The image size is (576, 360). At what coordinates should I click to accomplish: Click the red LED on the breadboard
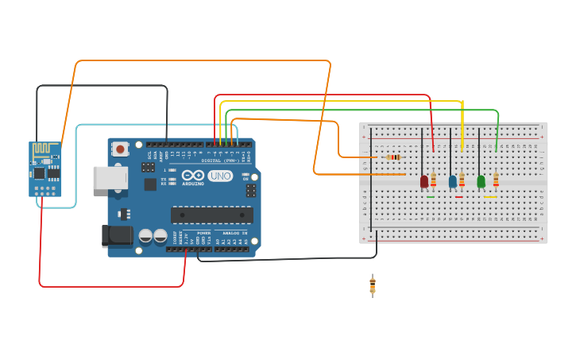[x=424, y=181]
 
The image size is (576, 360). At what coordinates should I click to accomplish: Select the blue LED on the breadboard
[x=453, y=181]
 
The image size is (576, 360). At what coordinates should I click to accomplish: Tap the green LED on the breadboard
[x=481, y=181]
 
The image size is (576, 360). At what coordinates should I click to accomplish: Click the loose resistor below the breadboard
[x=373, y=285]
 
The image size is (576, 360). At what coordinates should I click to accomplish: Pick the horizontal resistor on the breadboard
[x=392, y=157]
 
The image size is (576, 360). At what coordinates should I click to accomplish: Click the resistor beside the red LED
[x=433, y=180]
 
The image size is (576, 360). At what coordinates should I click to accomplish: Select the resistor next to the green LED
[x=496, y=180]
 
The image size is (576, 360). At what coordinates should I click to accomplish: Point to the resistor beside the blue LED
[x=462, y=180]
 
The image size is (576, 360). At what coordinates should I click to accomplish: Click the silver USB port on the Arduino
[x=110, y=177]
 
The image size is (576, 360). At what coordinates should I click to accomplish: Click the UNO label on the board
[x=220, y=176]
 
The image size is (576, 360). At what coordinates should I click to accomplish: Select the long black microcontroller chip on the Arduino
[x=212, y=215]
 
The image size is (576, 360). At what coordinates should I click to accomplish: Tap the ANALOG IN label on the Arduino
[x=234, y=234]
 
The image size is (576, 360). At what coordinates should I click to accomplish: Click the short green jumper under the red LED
[x=431, y=197]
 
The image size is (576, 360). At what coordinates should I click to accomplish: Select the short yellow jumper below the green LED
[x=490, y=197]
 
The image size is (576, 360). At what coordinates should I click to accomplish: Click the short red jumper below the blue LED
[x=458, y=197]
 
